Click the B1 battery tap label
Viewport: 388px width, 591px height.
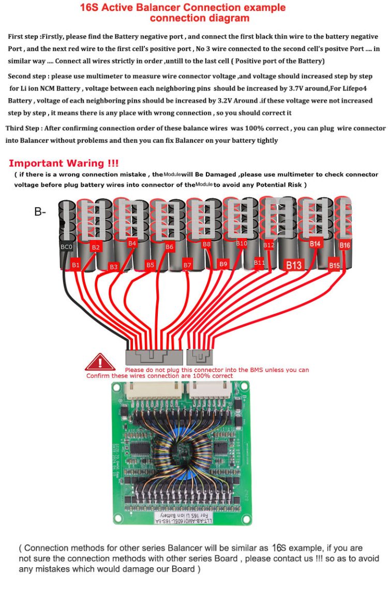tap(76, 265)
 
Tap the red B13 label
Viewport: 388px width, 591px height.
tap(293, 265)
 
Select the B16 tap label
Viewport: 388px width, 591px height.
tap(345, 245)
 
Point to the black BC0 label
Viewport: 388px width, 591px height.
tap(67, 247)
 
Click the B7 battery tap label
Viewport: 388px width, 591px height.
tap(187, 265)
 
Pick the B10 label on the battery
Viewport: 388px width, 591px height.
tap(242, 243)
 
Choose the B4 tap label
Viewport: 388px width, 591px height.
tap(132, 243)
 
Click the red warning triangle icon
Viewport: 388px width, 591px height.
tap(99, 362)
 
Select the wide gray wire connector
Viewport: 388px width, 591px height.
tap(154, 357)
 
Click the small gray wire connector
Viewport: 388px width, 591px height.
tap(200, 356)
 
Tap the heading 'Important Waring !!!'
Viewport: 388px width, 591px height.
tap(64, 163)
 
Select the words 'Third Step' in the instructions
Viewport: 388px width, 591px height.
tap(24, 128)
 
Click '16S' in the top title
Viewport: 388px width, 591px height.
tap(91, 8)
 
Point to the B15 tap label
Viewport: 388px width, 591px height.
tap(334, 266)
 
